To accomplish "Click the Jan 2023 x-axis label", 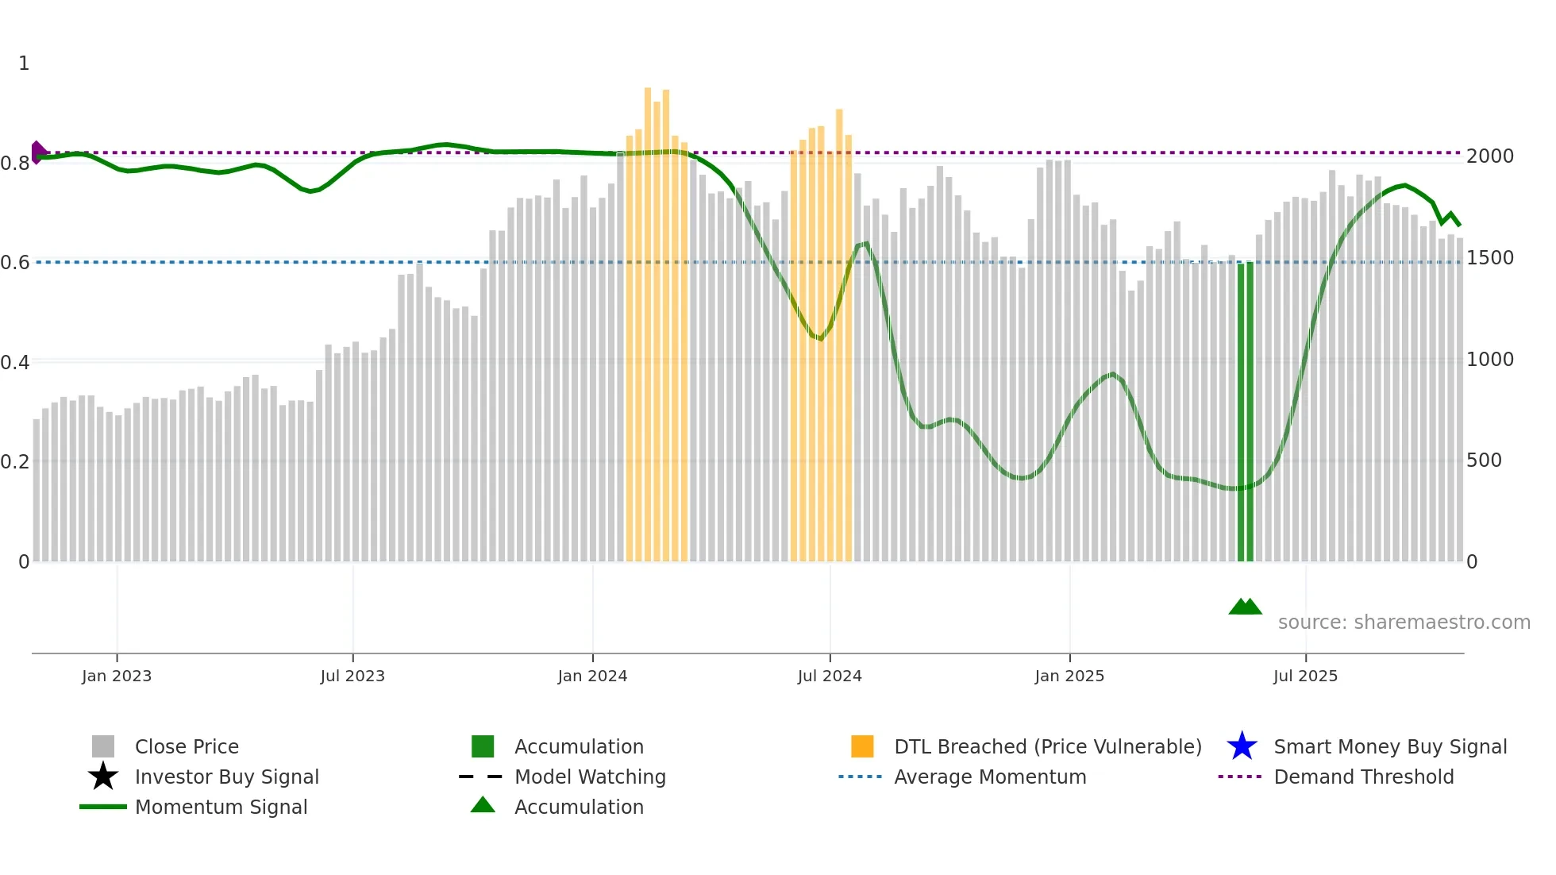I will pos(117,676).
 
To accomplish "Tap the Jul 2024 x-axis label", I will pos(830,676).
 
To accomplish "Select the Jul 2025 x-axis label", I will pos(1305,676).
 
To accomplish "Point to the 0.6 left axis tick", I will pos(15,263).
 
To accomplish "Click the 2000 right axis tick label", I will pos(1489,156).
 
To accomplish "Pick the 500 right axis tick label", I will pos(1484,461).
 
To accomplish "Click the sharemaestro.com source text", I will pos(1404,623).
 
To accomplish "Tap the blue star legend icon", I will pos(1242,746).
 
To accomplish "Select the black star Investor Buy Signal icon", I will pos(103,777).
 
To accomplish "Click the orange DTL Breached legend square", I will pos(862,746).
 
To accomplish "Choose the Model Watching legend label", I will pos(590,777).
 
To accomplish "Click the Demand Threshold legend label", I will pos(1363,777).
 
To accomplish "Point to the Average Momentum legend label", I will pos(990,777).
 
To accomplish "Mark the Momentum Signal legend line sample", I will pos(103,807).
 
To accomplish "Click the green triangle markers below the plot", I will pos(1245,607).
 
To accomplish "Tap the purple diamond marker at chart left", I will pos(37,152).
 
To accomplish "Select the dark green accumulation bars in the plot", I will pos(1245,413).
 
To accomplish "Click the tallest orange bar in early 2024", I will pos(648,318).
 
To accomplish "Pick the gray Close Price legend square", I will pos(103,746).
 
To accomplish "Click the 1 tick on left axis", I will pos(24,64).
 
